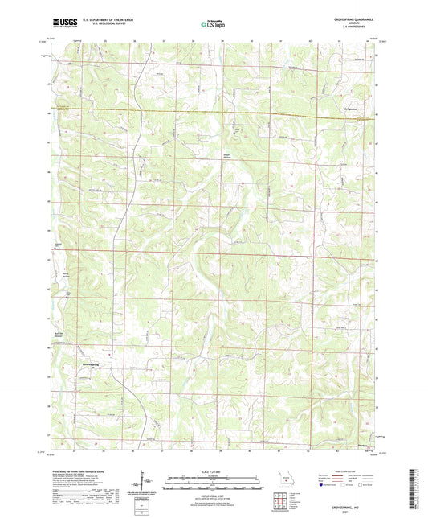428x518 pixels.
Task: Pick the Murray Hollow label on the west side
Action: point(67,275)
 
